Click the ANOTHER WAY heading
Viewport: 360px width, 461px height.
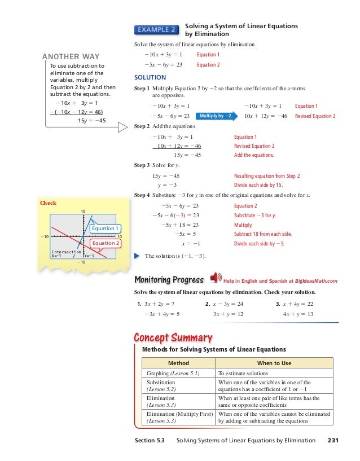(71, 56)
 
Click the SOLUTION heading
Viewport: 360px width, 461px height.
(150, 77)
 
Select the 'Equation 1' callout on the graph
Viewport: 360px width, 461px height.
(106, 229)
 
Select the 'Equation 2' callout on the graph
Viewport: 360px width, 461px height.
(106, 243)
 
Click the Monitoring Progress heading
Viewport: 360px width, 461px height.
(169, 280)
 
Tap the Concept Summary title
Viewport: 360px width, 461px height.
(173, 337)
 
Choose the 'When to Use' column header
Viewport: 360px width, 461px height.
(274, 363)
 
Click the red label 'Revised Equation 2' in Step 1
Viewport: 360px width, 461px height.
(315, 116)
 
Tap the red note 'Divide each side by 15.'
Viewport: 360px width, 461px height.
(258, 185)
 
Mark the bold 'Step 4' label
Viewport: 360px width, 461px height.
(142, 195)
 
